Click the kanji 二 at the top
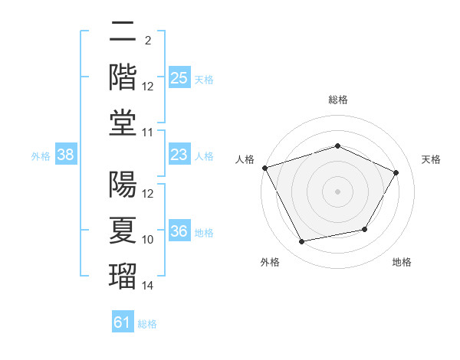click(x=123, y=31)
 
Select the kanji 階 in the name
click(x=123, y=77)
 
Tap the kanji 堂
click(x=123, y=123)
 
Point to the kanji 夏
click(x=123, y=231)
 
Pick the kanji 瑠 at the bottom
click(x=123, y=277)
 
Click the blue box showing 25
click(x=179, y=77)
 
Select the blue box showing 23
click(x=179, y=154)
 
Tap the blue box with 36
click(x=179, y=230)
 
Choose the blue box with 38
click(x=66, y=154)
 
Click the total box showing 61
click(x=123, y=321)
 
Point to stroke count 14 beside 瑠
click(x=147, y=285)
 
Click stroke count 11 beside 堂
click(x=147, y=133)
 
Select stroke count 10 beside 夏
click(x=147, y=240)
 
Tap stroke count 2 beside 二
click(x=148, y=41)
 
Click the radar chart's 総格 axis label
click(x=338, y=100)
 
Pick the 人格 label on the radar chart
click(x=245, y=159)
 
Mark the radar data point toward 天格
click(x=396, y=172)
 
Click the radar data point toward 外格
click(x=301, y=241)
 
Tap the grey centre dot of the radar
click(x=337, y=191)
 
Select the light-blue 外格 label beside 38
click(x=41, y=156)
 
